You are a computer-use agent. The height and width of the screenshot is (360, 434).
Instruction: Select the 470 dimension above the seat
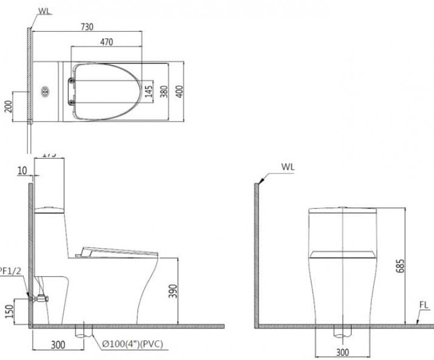click(107, 42)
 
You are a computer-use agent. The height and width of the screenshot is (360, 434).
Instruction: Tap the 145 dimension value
click(149, 91)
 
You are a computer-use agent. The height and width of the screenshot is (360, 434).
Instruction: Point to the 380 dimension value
click(164, 91)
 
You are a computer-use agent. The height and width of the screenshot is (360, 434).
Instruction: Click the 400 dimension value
click(179, 91)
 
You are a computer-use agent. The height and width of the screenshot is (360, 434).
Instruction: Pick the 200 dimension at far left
click(8, 107)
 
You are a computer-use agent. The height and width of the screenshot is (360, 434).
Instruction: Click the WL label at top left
click(44, 10)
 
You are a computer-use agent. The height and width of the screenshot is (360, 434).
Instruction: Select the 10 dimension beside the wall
click(23, 171)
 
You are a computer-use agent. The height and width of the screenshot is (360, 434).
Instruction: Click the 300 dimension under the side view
click(57, 345)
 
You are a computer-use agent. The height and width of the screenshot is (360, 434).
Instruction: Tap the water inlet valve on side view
click(41, 298)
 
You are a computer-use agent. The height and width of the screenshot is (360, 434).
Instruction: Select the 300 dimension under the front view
click(343, 352)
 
